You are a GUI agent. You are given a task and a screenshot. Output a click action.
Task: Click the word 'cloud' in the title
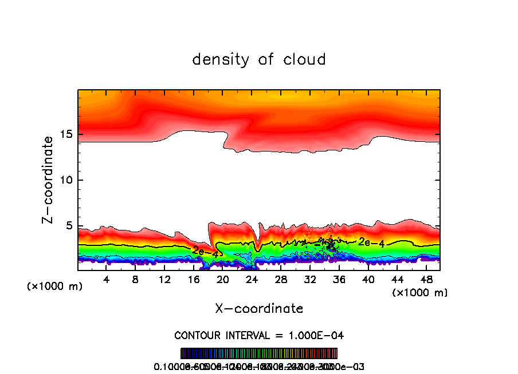click(305, 59)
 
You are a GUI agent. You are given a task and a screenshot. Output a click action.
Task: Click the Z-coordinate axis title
click(48, 180)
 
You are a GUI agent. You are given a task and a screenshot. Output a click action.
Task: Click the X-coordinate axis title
click(259, 309)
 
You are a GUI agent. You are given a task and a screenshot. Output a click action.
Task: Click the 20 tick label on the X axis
click(222, 279)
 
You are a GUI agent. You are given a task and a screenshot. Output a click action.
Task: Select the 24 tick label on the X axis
click(252, 279)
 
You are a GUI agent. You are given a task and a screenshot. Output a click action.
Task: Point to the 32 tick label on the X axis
click(309, 279)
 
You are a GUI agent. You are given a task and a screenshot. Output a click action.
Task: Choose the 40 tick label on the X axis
click(367, 279)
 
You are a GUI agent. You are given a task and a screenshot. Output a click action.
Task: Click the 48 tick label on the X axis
click(425, 279)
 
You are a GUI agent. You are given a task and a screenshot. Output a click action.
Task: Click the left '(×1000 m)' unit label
click(54, 287)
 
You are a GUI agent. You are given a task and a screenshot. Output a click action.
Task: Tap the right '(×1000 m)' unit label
click(420, 293)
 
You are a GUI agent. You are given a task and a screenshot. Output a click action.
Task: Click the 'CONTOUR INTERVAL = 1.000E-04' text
click(259, 335)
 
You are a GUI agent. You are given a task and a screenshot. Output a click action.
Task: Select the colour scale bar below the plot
click(259, 353)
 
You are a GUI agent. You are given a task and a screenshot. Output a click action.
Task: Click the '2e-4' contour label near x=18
click(204, 250)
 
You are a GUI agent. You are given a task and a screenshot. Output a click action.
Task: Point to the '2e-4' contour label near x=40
click(371, 242)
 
